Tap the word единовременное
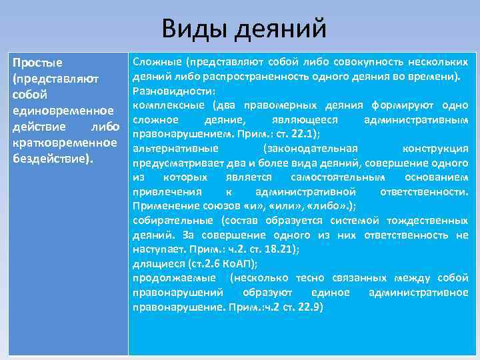(56, 109)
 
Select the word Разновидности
(172, 91)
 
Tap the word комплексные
(170, 105)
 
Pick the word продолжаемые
(174, 278)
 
